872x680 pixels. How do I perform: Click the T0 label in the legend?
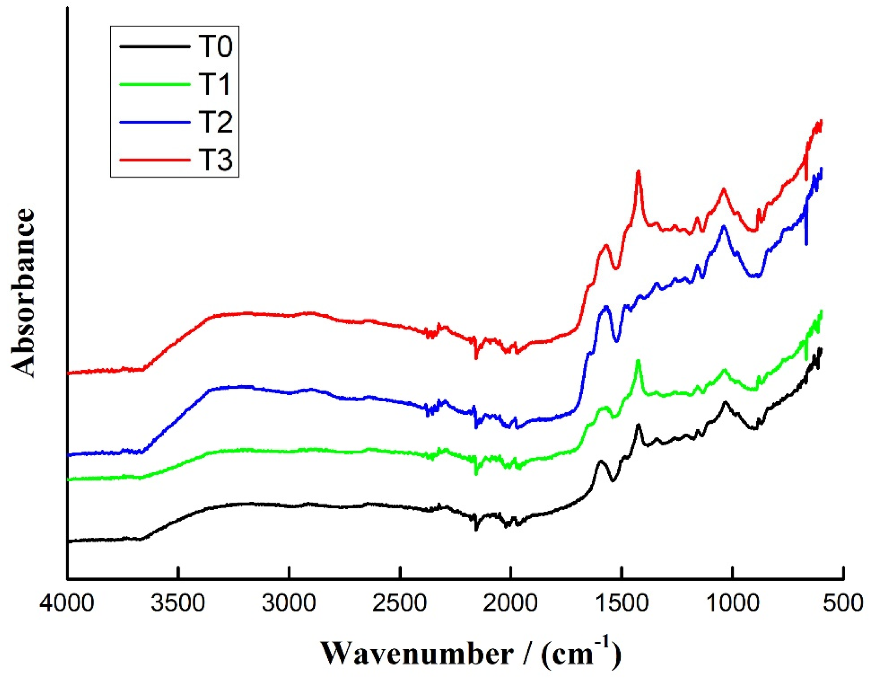(x=215, y=47)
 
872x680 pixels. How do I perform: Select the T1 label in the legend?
(x=215, y=84)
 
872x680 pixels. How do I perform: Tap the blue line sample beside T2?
(x=154, y=122)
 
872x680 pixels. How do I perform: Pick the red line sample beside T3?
(x=154, y=159)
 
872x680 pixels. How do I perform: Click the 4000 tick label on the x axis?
(x=67, y=603)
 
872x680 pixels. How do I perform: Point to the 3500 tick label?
(x=178, y=603)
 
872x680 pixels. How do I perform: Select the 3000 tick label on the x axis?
(x=289, y=603)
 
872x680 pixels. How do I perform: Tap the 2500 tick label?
(x=400, y=603)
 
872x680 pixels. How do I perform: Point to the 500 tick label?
(x=844, y=603)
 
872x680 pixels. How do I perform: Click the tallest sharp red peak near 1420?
(x=638, y=172)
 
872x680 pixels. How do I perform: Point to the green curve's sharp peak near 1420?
(x=638, y=361)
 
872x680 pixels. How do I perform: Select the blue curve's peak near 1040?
(x=724, y=227)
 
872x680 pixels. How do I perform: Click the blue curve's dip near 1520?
(x=617, y=341)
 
